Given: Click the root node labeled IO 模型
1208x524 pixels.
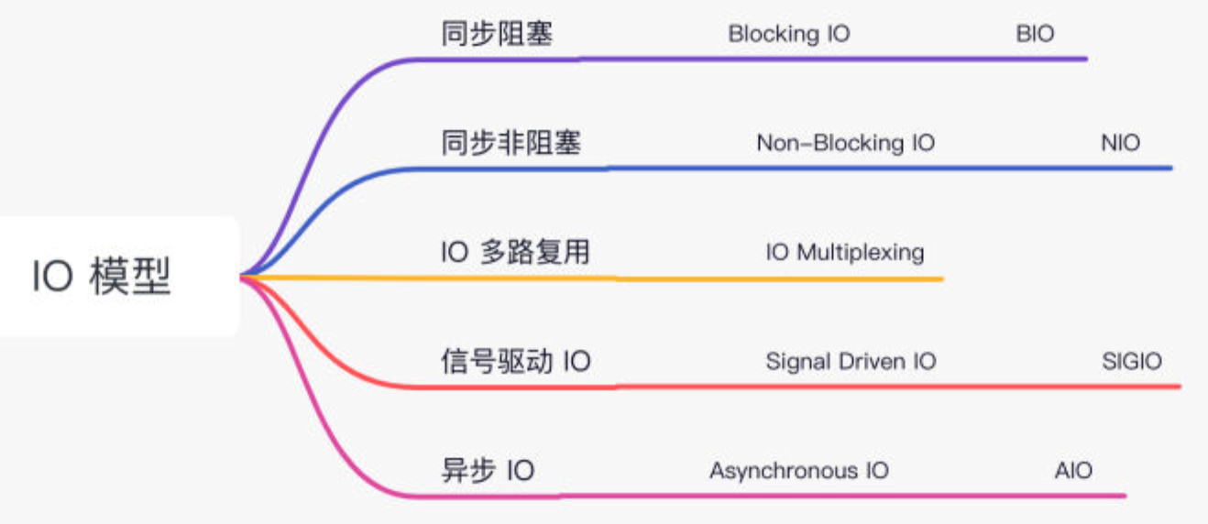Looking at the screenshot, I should (x=103, y=277).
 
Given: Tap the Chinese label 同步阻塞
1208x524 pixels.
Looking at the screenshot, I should (x=497, y=35).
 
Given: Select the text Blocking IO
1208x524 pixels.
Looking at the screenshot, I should (x=789, y=35).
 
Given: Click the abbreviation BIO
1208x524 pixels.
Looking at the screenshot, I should (x=1035, y=35).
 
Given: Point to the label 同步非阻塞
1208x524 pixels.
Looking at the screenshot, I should (x=511, y=144).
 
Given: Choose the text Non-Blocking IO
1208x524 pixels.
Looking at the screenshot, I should (x=845, y=144).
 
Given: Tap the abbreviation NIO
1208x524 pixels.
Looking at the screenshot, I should (x=1120, y=144).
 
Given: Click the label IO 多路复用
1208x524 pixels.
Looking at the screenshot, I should (x=515, y=252).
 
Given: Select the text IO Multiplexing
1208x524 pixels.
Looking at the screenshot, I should (x=845, y=252).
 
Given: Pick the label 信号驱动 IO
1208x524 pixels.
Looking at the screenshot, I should (x=516, y=361).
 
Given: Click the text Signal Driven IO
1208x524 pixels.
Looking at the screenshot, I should (x=851, y=361).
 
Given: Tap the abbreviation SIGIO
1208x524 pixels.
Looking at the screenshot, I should (x=1131, y=361).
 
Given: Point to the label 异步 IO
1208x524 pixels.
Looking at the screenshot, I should (x=488, y=471).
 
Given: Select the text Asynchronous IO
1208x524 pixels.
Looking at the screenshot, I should (x=798, y=471).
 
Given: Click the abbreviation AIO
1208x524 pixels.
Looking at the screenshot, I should (x=1073, y=471).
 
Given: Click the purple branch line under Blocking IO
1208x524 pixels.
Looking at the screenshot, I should (x=789, y=59).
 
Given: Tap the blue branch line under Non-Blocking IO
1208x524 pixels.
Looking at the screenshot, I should (x=845, y=168).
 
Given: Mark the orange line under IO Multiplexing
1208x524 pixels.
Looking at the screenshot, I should (x=845, y=278).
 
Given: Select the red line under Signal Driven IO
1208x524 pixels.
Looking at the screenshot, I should (x=851, y=387).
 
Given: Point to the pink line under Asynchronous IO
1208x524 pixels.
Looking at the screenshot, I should (x=798, y=496).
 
